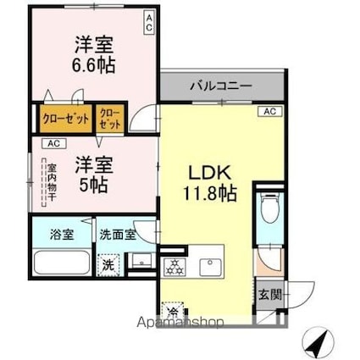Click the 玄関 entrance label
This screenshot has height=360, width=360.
click(269, 294)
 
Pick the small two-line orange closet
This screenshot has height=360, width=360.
click(109, 117)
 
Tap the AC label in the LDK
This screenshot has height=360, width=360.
click(269, 111)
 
